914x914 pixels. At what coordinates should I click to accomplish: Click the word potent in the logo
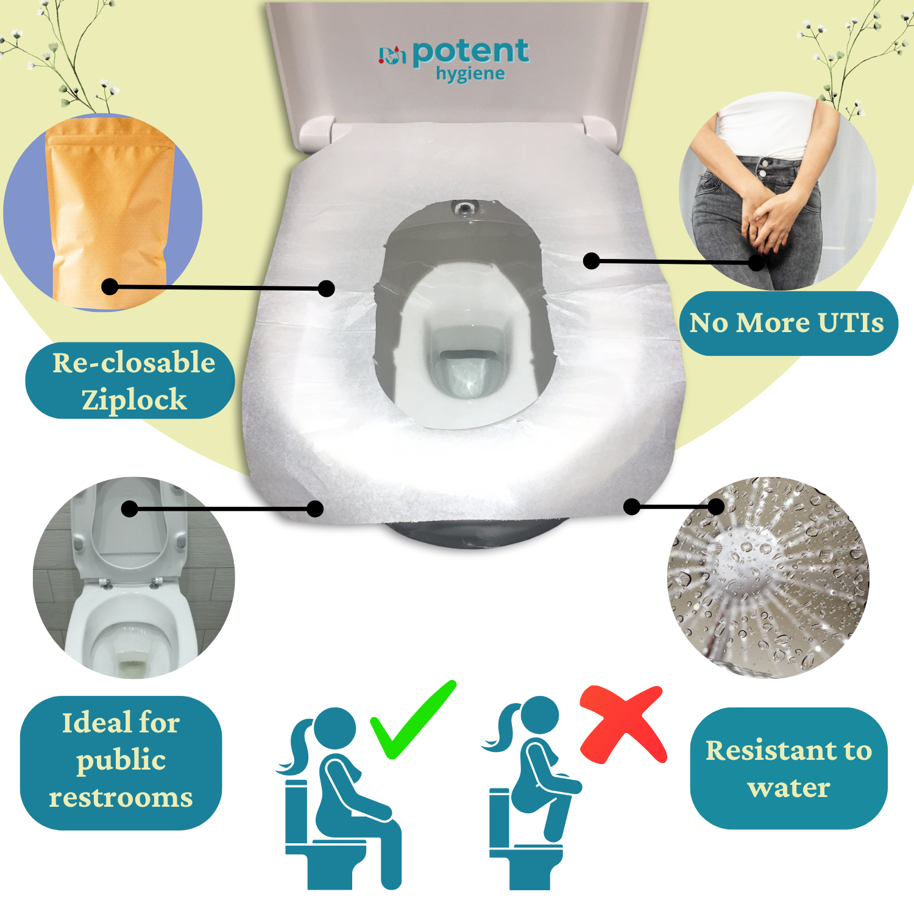(x=470, y=52)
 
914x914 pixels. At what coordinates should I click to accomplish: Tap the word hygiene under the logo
(x=470, y=74)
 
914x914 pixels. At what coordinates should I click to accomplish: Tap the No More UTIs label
(x=787, y=323)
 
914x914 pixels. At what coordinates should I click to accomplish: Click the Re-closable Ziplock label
(x=131, y=381)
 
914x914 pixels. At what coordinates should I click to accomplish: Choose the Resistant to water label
(x=788, y=768)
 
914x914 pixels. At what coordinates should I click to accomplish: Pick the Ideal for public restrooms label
(x=121, y=762)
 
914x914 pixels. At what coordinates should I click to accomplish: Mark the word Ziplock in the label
(x=134, y=400)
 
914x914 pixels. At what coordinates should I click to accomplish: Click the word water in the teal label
(x=788, y=788)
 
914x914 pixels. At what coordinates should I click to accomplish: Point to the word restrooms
(x=121, y=798)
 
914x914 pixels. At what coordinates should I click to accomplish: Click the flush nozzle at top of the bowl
(x=464, y=208)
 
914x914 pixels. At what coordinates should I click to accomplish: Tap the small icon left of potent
(x=392, y=55)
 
